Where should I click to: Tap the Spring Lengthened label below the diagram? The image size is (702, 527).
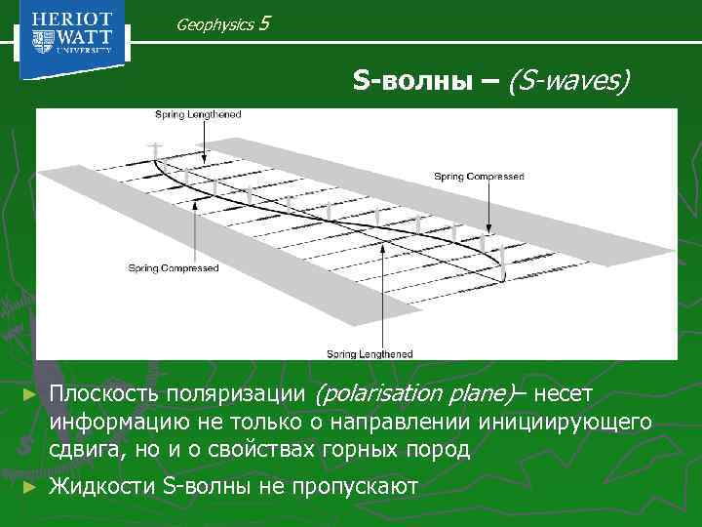(370, 353)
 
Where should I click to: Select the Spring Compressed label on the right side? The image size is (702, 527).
(479, 177)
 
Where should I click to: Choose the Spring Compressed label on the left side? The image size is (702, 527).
(174, 268)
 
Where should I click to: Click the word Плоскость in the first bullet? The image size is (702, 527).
(105, 394)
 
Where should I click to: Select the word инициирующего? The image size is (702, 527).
(565, 423)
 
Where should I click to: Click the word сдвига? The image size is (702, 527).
(82, 450)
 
